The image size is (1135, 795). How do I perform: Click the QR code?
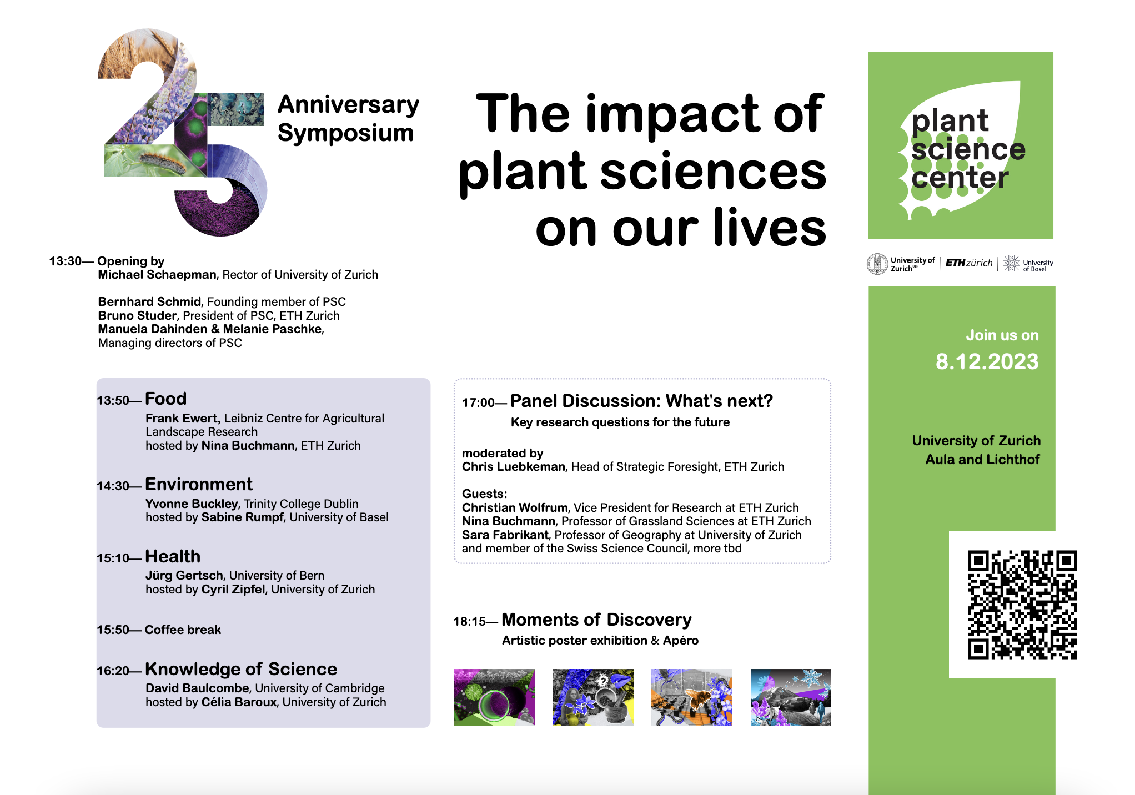click(1022, 605)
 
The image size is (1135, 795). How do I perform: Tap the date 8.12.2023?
click(987, 361)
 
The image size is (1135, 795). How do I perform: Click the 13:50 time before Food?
click(113, 400)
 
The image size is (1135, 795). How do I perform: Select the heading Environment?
click(199, 484)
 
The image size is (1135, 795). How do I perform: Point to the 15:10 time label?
click(113, 558)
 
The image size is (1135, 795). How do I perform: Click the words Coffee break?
click(183, 630)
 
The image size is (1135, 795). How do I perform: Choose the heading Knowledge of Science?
click(241, 669)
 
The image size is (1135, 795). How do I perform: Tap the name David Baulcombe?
click(197, 688)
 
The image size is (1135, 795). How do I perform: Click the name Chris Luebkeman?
click(513, 466)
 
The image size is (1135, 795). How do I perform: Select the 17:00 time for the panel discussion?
click(478, 402)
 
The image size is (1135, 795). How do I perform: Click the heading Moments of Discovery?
click(596, 620)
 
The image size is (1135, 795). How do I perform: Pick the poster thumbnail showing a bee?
click(692, 697)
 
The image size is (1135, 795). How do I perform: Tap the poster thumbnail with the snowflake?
click(791, 697)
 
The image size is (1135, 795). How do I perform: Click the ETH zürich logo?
click(969, 263)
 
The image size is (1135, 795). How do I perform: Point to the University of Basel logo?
click(1028, 264)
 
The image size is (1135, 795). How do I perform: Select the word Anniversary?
click(348, 105)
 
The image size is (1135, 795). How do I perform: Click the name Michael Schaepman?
click(157, 274)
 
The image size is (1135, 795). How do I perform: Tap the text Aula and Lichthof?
click(982, 459)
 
